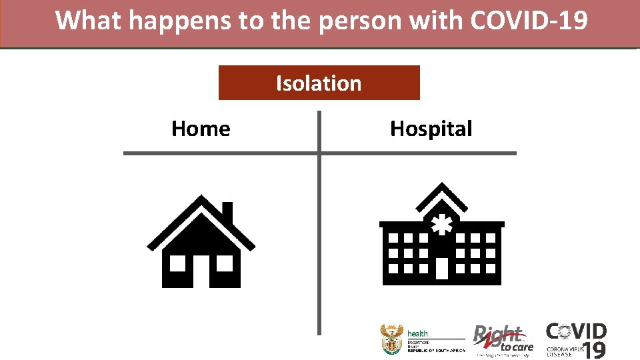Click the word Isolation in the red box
[319, 83]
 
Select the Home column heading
[201, 128]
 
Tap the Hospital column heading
[431, 128]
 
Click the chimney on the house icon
[227, 213]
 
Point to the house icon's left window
[177, 263]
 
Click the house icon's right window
[225, 263]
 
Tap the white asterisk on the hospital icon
[441, 225]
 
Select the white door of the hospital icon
[441, 268]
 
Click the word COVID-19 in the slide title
[529, 21]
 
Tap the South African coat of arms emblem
[391, 339]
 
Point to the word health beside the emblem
[418, 333]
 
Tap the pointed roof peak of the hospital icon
[441, 187]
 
